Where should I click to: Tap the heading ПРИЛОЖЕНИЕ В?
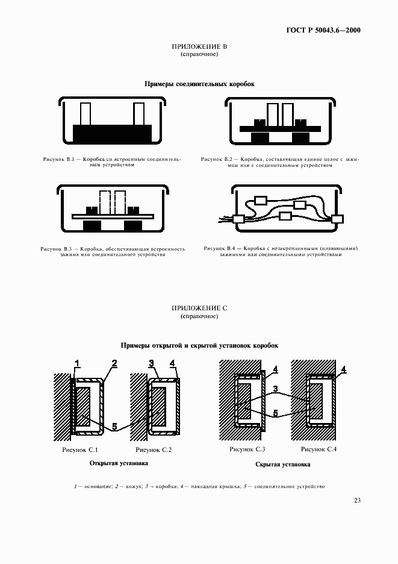point(199,46)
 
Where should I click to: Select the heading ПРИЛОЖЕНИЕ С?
point(199,307)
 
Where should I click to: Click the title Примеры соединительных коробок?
point(199,84)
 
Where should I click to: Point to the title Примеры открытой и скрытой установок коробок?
point(199,345)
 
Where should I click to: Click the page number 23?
point(356,500)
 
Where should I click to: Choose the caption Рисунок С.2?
point(154,450)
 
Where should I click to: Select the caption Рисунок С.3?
point(247,450)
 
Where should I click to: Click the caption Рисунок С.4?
point(319,450)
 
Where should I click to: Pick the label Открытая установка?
point(119,463)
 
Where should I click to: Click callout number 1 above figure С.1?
point(76,363)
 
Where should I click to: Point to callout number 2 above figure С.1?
point(114,363)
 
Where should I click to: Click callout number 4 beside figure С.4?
point(344,369)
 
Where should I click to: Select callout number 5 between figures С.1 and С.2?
point(114,427)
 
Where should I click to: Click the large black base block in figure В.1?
point(112,133)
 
